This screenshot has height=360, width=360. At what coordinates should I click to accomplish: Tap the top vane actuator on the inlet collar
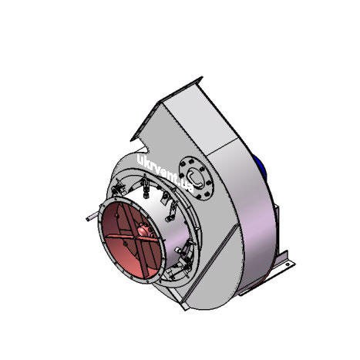146,185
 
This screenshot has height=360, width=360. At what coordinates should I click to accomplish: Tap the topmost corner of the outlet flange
202,77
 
